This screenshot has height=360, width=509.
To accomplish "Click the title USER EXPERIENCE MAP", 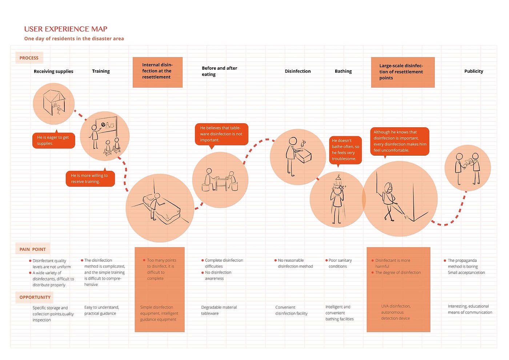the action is [66, 29].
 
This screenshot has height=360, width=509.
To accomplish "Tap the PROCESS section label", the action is [29, 58].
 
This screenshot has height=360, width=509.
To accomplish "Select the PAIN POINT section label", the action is [33, 249].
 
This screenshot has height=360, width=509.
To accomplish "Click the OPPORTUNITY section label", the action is [35, 297].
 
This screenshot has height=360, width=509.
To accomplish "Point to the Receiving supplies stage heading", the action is [53, 71].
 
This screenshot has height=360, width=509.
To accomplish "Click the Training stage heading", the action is [101, 71].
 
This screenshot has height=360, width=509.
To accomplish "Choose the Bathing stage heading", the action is [343, 71].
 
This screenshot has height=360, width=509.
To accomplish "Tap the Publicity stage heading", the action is [473, 71].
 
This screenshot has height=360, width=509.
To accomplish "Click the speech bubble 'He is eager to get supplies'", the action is [53, 140].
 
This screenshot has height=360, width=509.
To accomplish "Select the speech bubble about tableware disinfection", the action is [221, 134].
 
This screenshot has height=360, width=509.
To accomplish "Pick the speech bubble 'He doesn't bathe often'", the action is [345, 149].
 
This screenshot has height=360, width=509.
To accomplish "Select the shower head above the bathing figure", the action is [338, 178].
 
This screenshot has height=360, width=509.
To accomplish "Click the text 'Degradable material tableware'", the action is [219, 310].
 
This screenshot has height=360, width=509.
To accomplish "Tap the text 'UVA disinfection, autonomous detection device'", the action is [396, 312].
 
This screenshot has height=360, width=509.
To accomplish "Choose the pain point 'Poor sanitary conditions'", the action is [340, 263].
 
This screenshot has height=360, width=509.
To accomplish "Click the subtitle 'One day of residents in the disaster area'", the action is [74, 39].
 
